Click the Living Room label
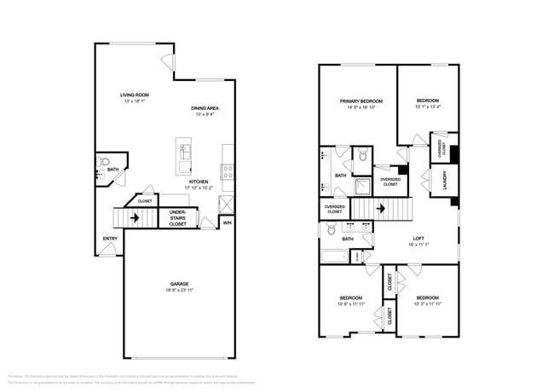(135, 94)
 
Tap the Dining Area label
(205, 108)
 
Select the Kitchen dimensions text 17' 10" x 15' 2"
(199, 188)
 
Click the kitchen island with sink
(184, 152)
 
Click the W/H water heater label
(228, 222)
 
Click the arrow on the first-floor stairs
(134, 216)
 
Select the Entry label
(110, 238)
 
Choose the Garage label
(179, 284)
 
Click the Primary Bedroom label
(361, 101)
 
